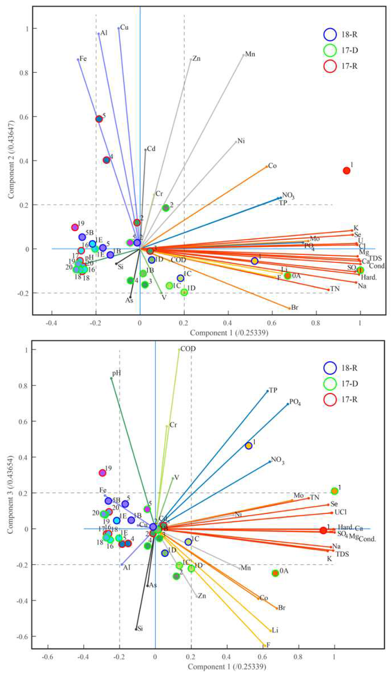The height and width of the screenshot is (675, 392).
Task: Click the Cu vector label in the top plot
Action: [124, 27]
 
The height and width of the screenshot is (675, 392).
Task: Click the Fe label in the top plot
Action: [83, 58]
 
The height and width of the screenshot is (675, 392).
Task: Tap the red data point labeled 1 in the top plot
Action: [347, 171]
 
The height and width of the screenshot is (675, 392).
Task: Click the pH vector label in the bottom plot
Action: [116, 373]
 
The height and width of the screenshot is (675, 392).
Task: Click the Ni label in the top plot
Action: [241, 141]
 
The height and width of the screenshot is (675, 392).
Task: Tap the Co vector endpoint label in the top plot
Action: [272, 166]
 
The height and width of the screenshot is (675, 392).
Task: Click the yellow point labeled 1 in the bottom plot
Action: [248, 446]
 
